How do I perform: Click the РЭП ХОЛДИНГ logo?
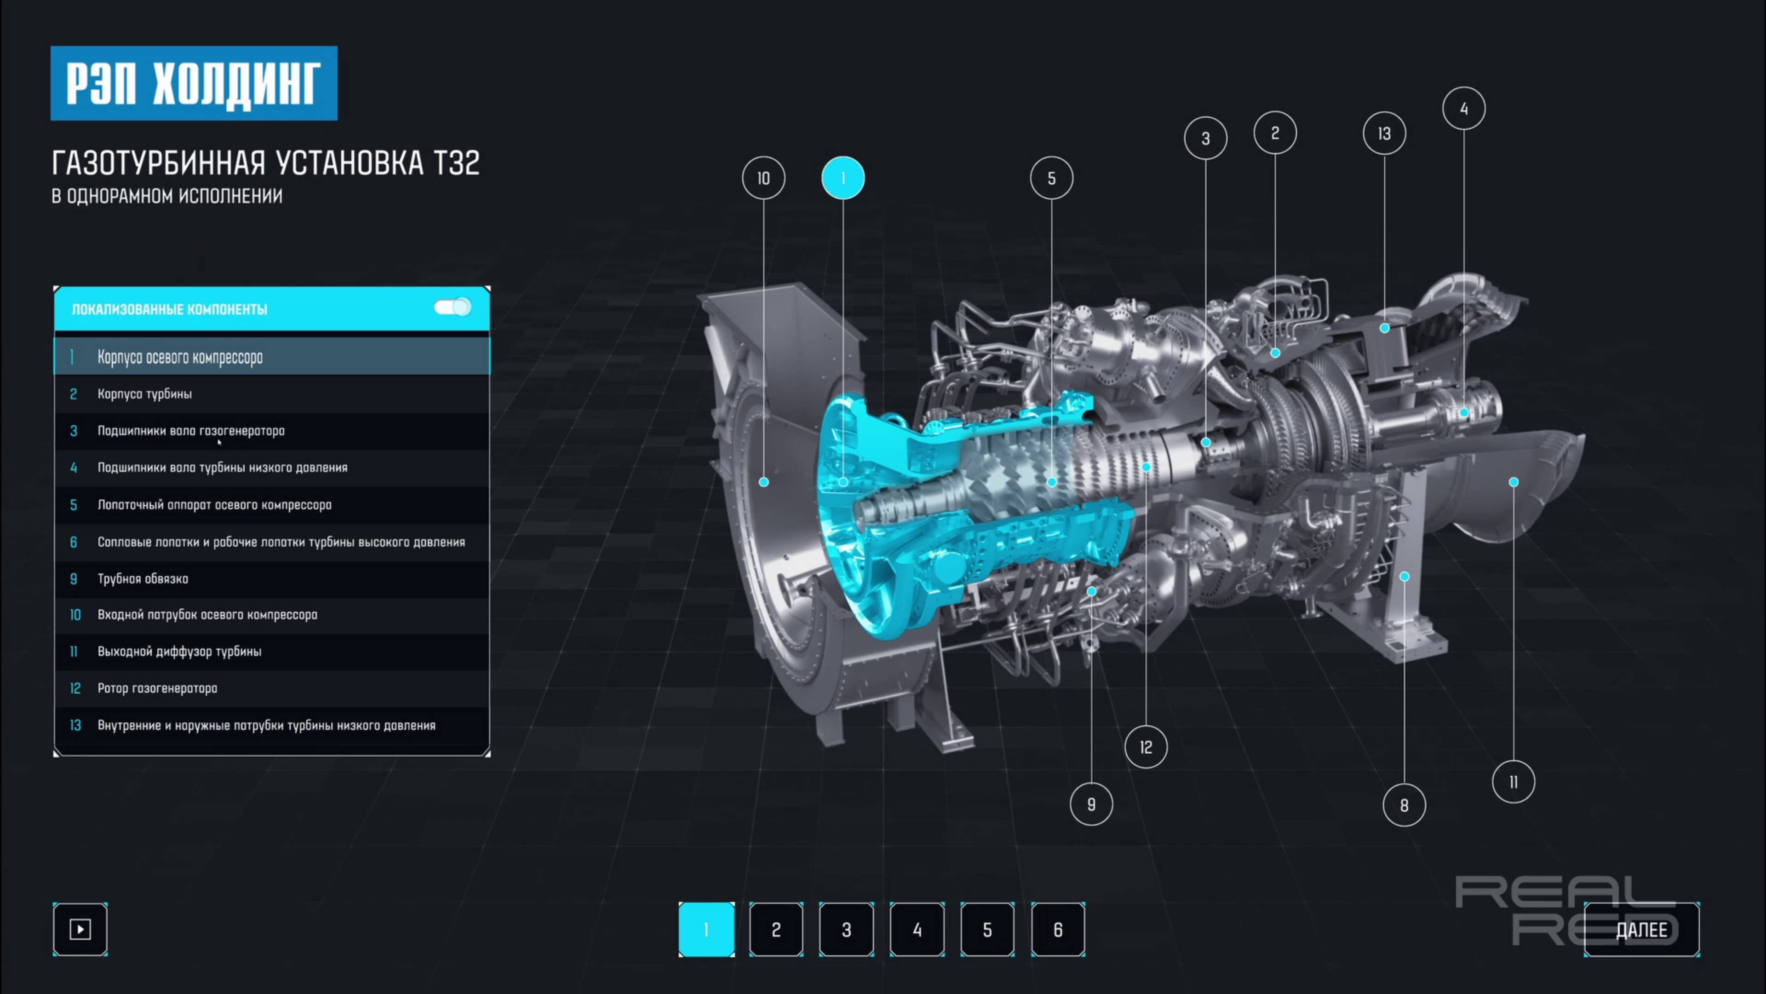pos(194,83)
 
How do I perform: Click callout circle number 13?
pos(1385,133)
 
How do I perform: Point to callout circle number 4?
pos(1464,109)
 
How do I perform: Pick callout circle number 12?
pos(1146,747)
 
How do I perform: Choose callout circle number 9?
pos(1091,804)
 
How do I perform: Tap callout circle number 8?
pos(1404,805)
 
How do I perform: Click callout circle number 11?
pos(1514,782)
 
